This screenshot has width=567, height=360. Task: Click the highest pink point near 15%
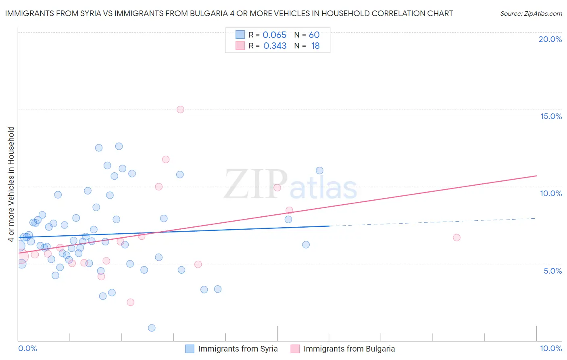(x=180, y=109)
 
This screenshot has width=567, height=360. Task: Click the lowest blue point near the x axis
(x=152, y=328)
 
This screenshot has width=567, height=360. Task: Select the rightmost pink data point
(x=457, y=237)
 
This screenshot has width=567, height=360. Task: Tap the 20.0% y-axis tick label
(x=550, y=39)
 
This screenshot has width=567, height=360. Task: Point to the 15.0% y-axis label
(x=551, y=116)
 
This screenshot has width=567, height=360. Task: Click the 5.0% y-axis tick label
(x=552, y=271)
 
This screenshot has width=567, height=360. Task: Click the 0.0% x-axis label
(x=27, y=348)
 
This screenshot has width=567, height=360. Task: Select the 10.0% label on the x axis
(x=551, y=348)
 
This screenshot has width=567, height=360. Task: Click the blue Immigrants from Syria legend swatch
(x=190, y=349)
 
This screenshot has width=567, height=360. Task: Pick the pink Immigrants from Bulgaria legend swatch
(x=295, y=349)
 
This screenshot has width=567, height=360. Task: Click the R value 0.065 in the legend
(x=274, y=35)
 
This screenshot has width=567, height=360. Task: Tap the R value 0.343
(x=275, y=46)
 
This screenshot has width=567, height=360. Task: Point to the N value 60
(x=314, y=35)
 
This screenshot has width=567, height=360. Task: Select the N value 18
(x=315, y=46)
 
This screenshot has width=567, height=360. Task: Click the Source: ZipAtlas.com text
(x=531, y=14)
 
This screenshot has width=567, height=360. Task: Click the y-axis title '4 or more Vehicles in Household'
(x=11, y=184)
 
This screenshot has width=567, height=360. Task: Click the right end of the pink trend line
(x=536, y=176)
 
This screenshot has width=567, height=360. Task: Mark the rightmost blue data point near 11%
(x=319, y=170)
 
